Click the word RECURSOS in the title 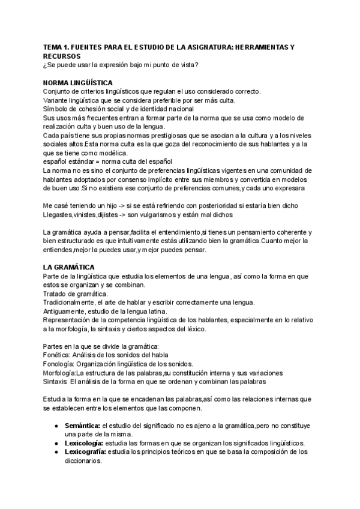[x=64, y=55]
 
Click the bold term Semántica [x=82, y=426]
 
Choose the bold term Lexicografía [x=85, y=453]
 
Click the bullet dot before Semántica [x=55, y=426]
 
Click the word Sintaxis [x=56, y=381]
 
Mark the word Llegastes [x=60, y=214]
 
